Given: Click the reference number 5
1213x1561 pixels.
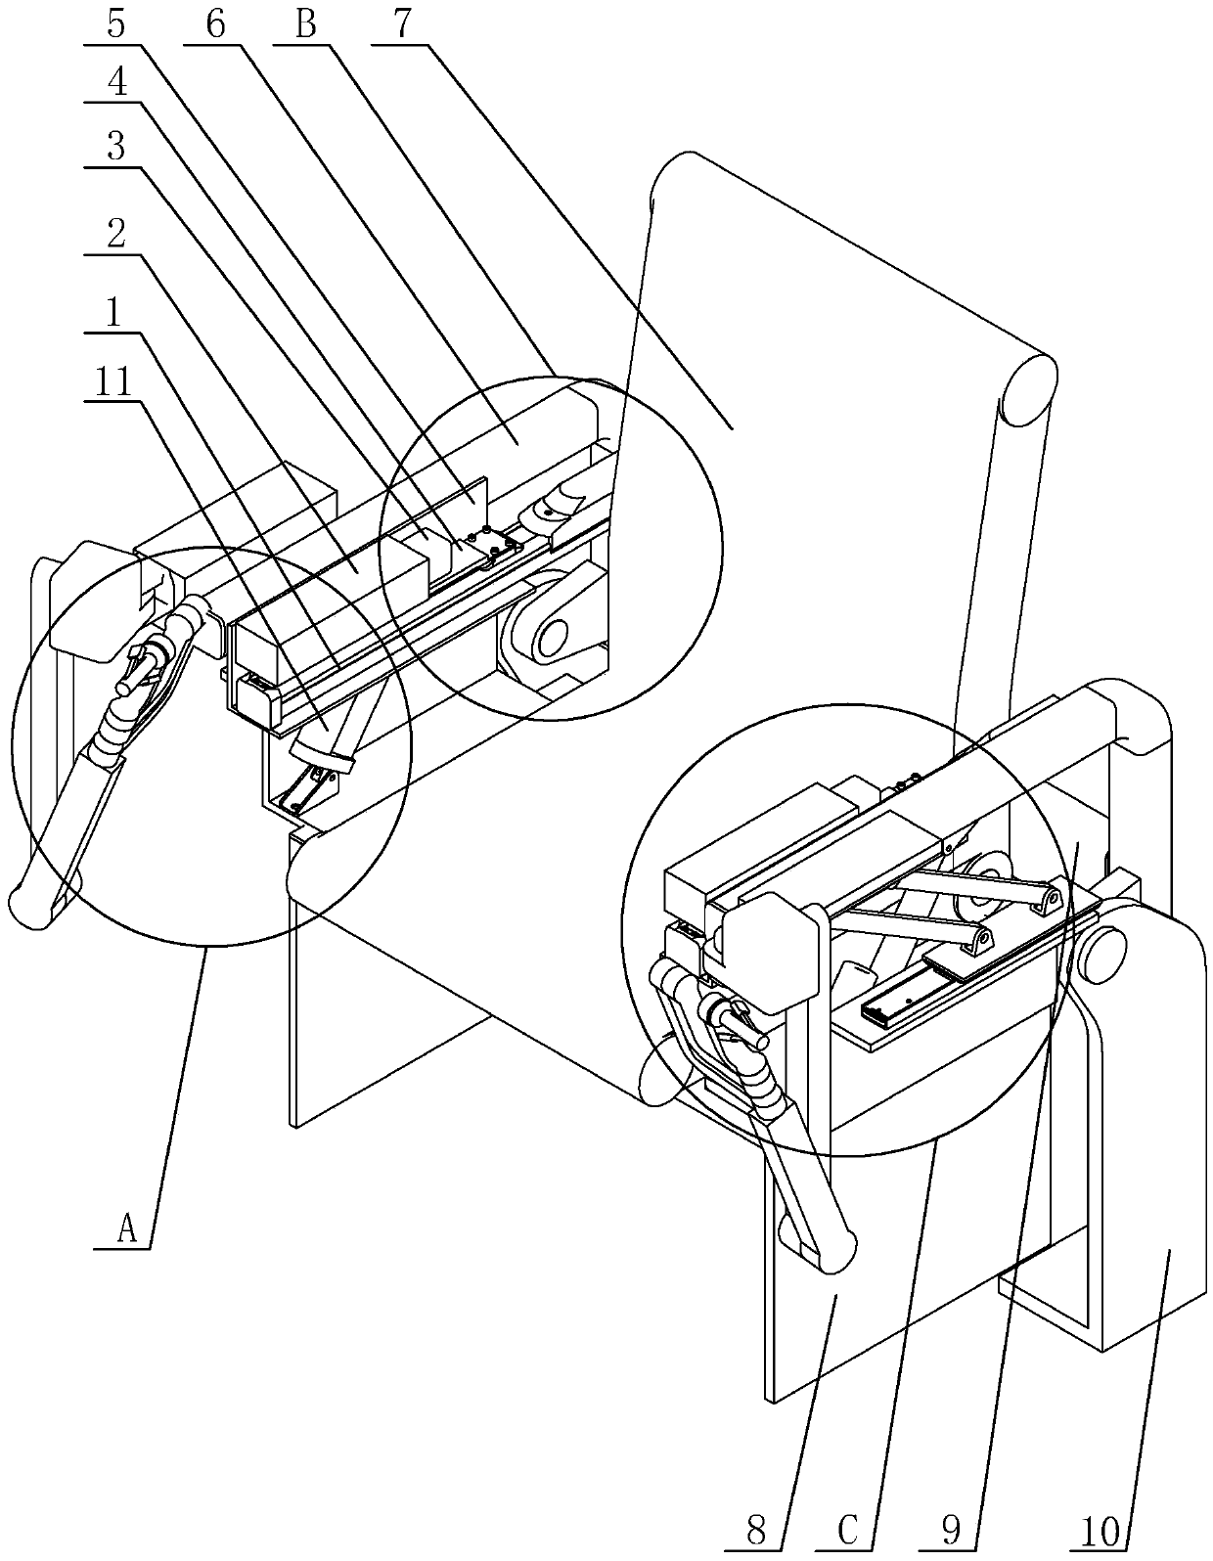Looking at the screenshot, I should click(116, 23).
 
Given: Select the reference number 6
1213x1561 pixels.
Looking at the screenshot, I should click(216, 23).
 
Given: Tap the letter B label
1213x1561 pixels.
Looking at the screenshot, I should click(307, 23).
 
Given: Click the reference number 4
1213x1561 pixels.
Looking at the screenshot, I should click(116, 83).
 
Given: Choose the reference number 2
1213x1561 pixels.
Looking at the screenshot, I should click(116, 235).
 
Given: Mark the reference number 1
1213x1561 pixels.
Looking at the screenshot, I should click(116, 313).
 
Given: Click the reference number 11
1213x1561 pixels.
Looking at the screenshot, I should click(116, 381).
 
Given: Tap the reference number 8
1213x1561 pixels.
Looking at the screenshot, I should click(755, 1530).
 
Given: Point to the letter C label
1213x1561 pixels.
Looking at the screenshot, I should click(849, 1530).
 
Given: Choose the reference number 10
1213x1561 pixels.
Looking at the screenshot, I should click(1100, 1530).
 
